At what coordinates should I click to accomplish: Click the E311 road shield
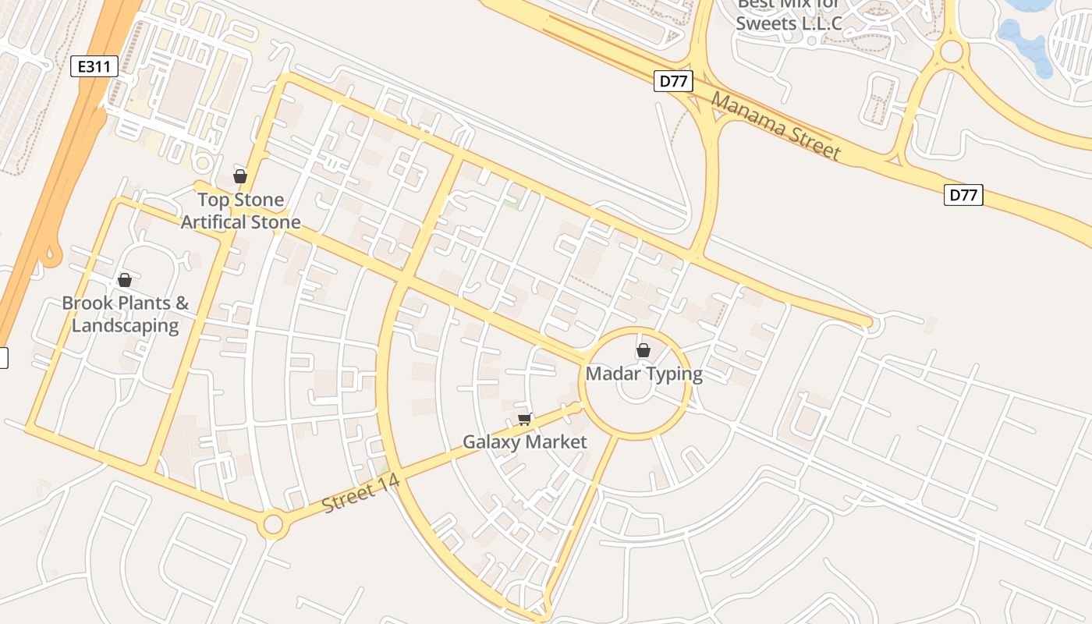point(94,66)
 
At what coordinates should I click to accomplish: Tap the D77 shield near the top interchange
point(673,81)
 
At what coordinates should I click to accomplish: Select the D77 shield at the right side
point(963,195)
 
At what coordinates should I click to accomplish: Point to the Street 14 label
point(361,493)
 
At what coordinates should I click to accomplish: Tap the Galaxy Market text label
point(524,442)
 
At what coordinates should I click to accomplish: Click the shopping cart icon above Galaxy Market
point(525,419)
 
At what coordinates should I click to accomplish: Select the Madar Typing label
point(643,374)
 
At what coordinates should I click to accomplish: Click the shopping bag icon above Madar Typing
point(643,351)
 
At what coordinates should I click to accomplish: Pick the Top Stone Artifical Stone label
point(240,211)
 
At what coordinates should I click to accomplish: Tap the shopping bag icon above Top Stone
point(240,177)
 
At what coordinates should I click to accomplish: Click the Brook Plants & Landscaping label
point(125,314)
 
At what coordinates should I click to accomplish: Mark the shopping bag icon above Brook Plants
point(124,280)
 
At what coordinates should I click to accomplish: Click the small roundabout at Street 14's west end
point(272,523)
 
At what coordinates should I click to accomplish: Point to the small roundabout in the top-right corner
point(952,52)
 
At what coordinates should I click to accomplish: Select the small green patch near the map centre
point(512,203)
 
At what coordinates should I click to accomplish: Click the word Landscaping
point(125,325)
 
